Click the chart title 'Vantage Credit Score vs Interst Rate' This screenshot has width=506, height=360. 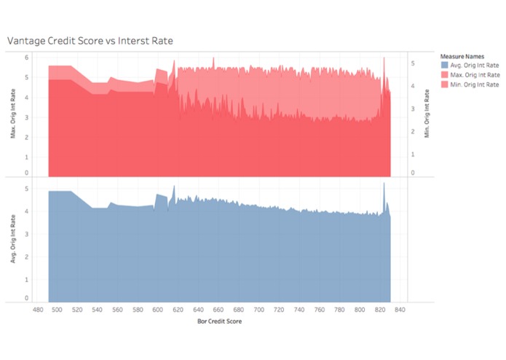click(x=90, y=41)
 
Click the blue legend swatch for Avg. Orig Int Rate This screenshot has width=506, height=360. click(x=444, y=65)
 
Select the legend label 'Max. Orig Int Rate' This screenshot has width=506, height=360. click(x=475, y=75)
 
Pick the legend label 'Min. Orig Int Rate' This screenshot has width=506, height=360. click(x=475, y=85)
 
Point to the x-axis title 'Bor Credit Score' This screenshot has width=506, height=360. click(x=219, y=320)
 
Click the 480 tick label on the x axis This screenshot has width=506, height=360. click(x=38, y=309)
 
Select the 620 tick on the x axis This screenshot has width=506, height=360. click(x=178, y=309)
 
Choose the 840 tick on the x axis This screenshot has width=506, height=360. click(x=399, y=309)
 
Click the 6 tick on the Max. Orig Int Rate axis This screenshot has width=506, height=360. click(x=26, y=57)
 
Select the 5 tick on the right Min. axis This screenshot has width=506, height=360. click(x=412, y=63)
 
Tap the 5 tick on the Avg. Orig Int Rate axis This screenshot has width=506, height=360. click(x=26, y=189)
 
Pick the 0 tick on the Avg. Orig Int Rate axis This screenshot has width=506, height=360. click(x=26, y=298)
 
